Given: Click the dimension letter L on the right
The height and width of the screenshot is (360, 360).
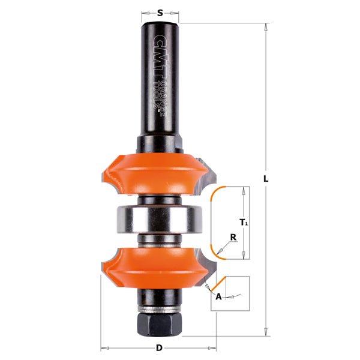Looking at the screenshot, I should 266,178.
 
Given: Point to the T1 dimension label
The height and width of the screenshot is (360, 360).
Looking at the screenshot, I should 244,223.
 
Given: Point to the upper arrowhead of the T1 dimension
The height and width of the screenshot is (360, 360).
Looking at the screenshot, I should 244,190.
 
